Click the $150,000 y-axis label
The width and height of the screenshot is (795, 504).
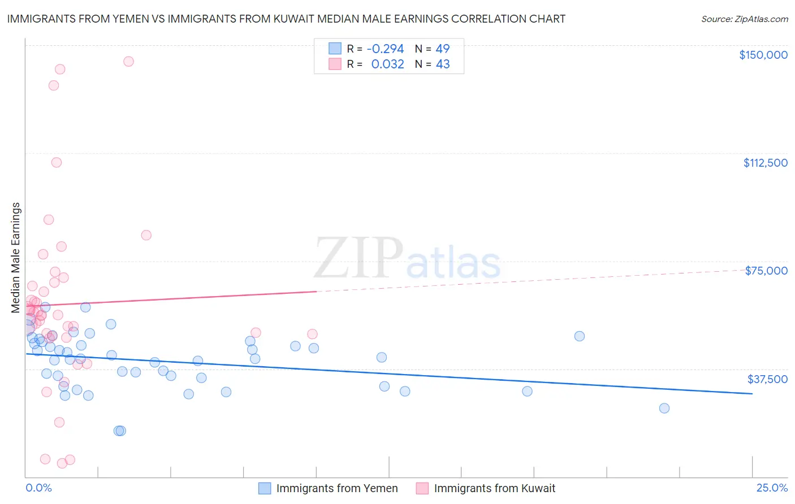763,55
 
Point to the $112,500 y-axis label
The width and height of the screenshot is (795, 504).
765,163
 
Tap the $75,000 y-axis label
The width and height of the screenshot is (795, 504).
766,271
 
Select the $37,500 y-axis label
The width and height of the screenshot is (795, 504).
767,379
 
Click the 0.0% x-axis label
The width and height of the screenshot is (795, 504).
38,488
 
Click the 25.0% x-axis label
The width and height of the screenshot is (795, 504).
772,488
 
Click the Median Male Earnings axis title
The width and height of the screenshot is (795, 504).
16,258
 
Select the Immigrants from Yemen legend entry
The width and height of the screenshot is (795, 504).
329,488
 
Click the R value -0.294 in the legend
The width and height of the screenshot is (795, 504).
385,49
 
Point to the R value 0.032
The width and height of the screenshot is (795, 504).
387,64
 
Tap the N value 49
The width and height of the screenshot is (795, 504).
442,49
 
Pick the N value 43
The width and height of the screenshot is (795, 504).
442,64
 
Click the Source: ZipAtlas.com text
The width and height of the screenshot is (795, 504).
744,19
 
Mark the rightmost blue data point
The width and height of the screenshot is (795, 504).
664,409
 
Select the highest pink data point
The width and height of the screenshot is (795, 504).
128,62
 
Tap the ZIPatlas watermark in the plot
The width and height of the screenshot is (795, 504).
407,259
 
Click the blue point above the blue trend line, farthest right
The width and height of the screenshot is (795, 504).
580,336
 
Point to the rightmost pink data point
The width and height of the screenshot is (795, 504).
312,334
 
